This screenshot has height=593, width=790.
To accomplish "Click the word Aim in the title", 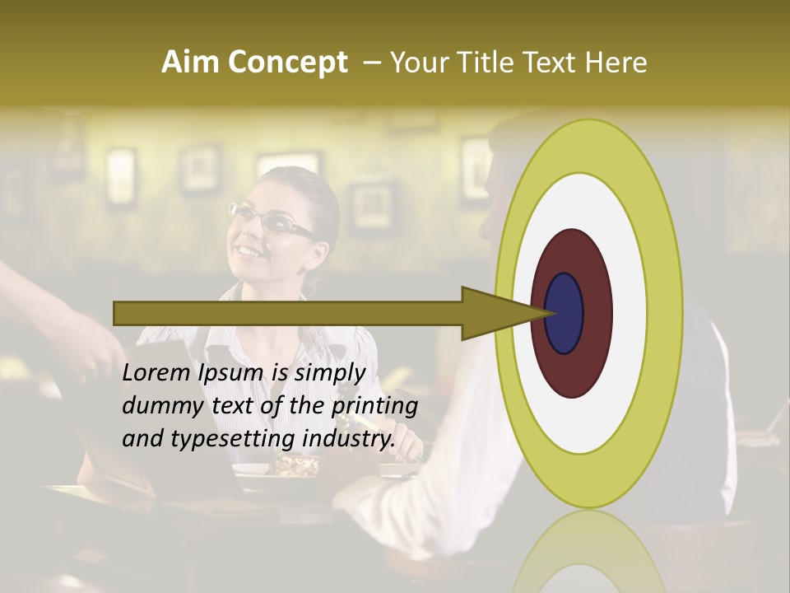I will coord(191,63).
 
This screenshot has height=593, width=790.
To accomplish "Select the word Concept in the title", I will coord(287,63).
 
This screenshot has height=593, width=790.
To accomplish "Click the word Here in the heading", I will coord(616,63).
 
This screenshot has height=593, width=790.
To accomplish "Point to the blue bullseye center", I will coord(565,313).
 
